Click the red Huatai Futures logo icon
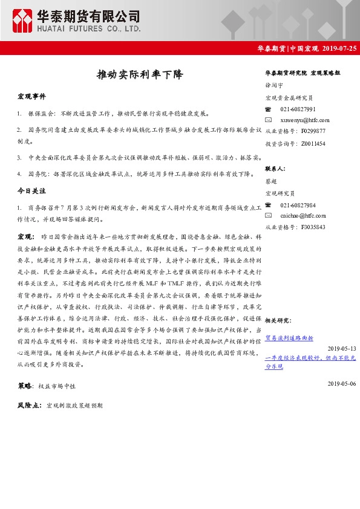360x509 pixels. click(x=22, y=20)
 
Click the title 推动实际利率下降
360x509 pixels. click(x=139, y=75)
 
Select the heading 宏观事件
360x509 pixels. click(x=31, y=97)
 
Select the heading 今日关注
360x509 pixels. click(x=31, y=190)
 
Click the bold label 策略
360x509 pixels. click(x=25, y=384)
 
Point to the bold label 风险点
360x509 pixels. click(x=28, y=406)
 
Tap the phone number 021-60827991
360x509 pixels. click(x=298, y=109)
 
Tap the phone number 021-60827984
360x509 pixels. click(x=298, y=205)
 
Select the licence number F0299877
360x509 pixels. click(x=313, y=131)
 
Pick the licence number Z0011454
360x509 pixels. click(x=313, y=144)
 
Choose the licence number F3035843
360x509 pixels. click(x=313, y=227)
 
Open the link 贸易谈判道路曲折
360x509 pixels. click(x=289, y=338)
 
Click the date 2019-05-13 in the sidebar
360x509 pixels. click(x=342, y=348)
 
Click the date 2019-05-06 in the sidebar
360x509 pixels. click(x=342, y=383)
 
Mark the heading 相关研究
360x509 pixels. click(x=277, y=320)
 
